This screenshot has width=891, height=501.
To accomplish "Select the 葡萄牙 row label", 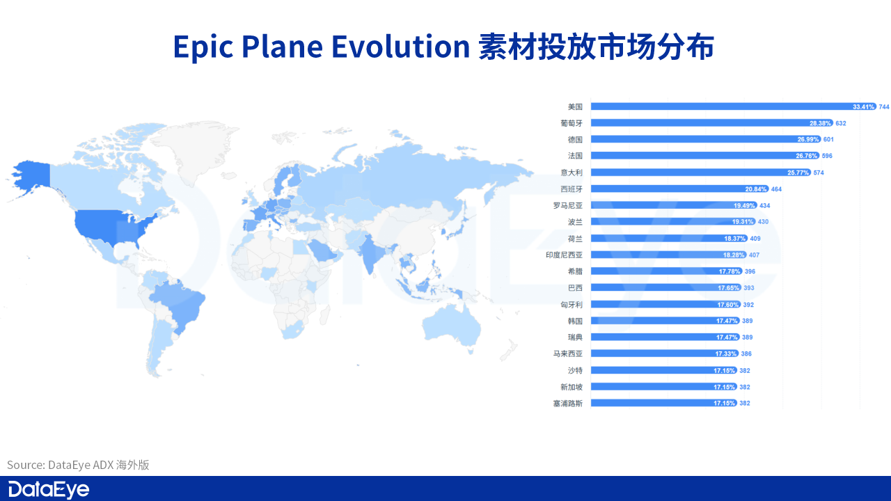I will tap(571, 123).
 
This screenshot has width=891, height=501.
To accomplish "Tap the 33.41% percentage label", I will tap(863, 106).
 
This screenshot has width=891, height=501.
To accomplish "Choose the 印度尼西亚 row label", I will tap(565, 255).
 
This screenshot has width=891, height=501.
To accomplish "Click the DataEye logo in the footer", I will tap(49, 489).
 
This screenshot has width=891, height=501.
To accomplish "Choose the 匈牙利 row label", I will tap(571, 304).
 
